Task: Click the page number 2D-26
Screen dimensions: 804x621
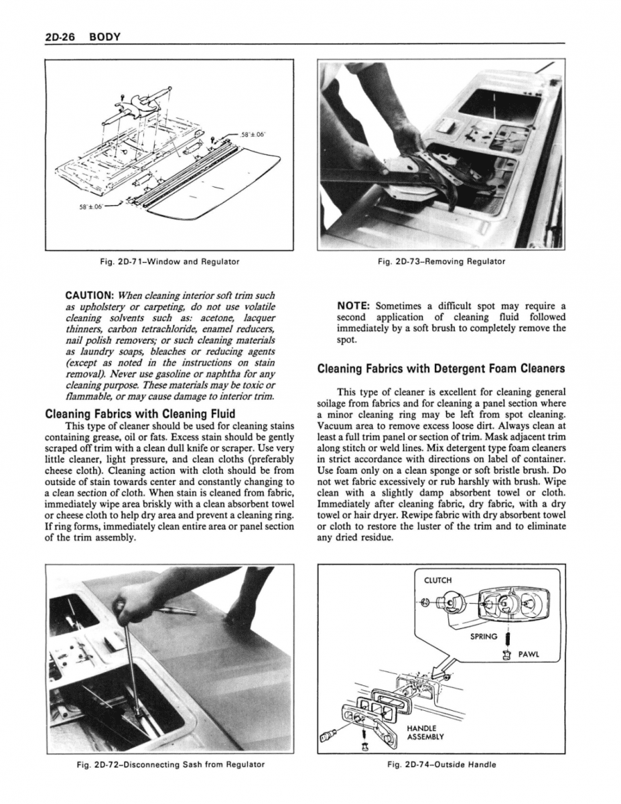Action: coord(59,36)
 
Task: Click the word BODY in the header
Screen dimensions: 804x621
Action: coord(105,36)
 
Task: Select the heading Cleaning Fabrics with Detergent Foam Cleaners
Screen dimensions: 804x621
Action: coord(441,368)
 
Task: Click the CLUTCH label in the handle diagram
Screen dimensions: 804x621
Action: coord(438,580)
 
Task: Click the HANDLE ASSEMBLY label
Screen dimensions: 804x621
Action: coord(422,733)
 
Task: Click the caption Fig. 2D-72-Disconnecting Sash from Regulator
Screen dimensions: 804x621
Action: coord(170,764)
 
